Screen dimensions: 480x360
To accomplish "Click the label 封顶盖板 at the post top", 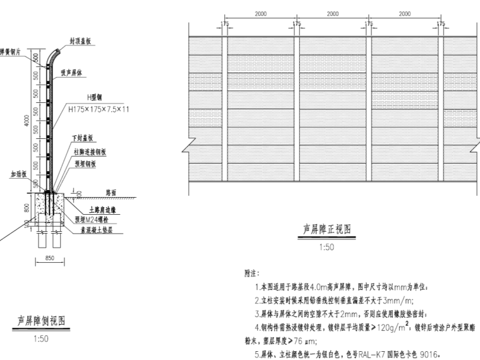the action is (80, 40).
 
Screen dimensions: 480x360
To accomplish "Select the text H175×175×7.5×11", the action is (99, 109).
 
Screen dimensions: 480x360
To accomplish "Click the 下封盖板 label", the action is (84, 138).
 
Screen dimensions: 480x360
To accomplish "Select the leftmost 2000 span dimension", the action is (261, 13).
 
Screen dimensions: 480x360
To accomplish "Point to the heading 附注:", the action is (252, 274).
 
